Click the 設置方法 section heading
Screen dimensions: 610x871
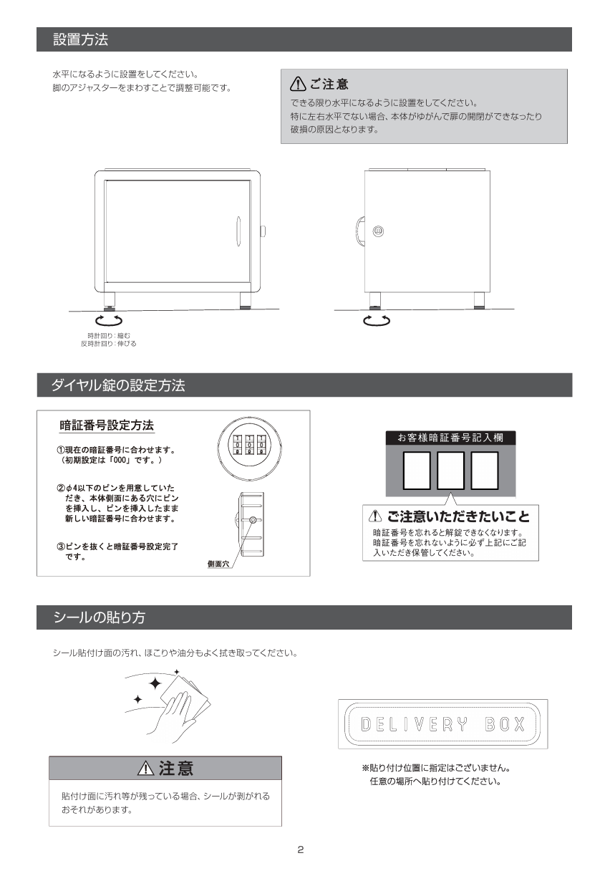click(x=80, y=39)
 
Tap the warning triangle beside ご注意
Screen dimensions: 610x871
click(x=298, y=84)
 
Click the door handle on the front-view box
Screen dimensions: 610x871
click(x=238, y=231)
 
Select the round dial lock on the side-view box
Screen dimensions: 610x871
click(x=378, y=231)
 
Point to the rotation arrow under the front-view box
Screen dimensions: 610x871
click(x=109, y=320)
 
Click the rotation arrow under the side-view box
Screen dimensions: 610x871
click(x=377, y=320)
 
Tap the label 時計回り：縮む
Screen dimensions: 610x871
click(x=109, y=335)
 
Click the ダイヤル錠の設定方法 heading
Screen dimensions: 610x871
click(x=118, y=385)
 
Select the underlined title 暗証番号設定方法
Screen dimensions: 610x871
click(x=107, y=425)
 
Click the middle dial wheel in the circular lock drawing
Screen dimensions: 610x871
click(x=249, y=444)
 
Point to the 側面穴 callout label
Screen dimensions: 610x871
click(x=218, y=564)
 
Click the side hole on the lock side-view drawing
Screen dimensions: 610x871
click(x=253, y=520)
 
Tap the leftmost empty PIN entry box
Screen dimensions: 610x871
click(x=417, y=471)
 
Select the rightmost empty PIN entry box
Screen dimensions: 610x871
click(x=485, y=471)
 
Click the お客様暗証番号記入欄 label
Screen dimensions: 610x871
click(x=450, y=438)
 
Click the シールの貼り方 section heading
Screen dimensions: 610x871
click(x=99, y=617)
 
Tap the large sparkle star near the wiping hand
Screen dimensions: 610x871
click(x=155, y=683)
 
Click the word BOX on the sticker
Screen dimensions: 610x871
click(x=505, y=724)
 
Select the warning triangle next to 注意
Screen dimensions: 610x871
click(x=146, y=768)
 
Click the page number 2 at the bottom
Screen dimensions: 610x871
click(x=301, y=850)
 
